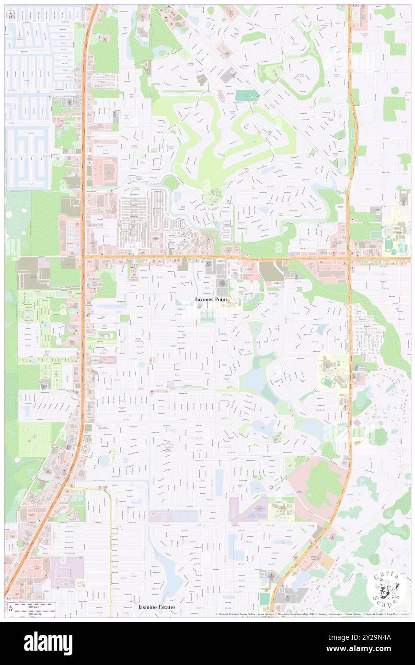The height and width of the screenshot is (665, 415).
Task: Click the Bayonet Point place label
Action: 211,299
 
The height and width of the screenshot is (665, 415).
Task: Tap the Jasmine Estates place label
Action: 157,607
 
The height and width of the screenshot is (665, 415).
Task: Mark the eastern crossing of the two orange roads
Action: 349,259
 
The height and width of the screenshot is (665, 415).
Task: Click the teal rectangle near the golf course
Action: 247,96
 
